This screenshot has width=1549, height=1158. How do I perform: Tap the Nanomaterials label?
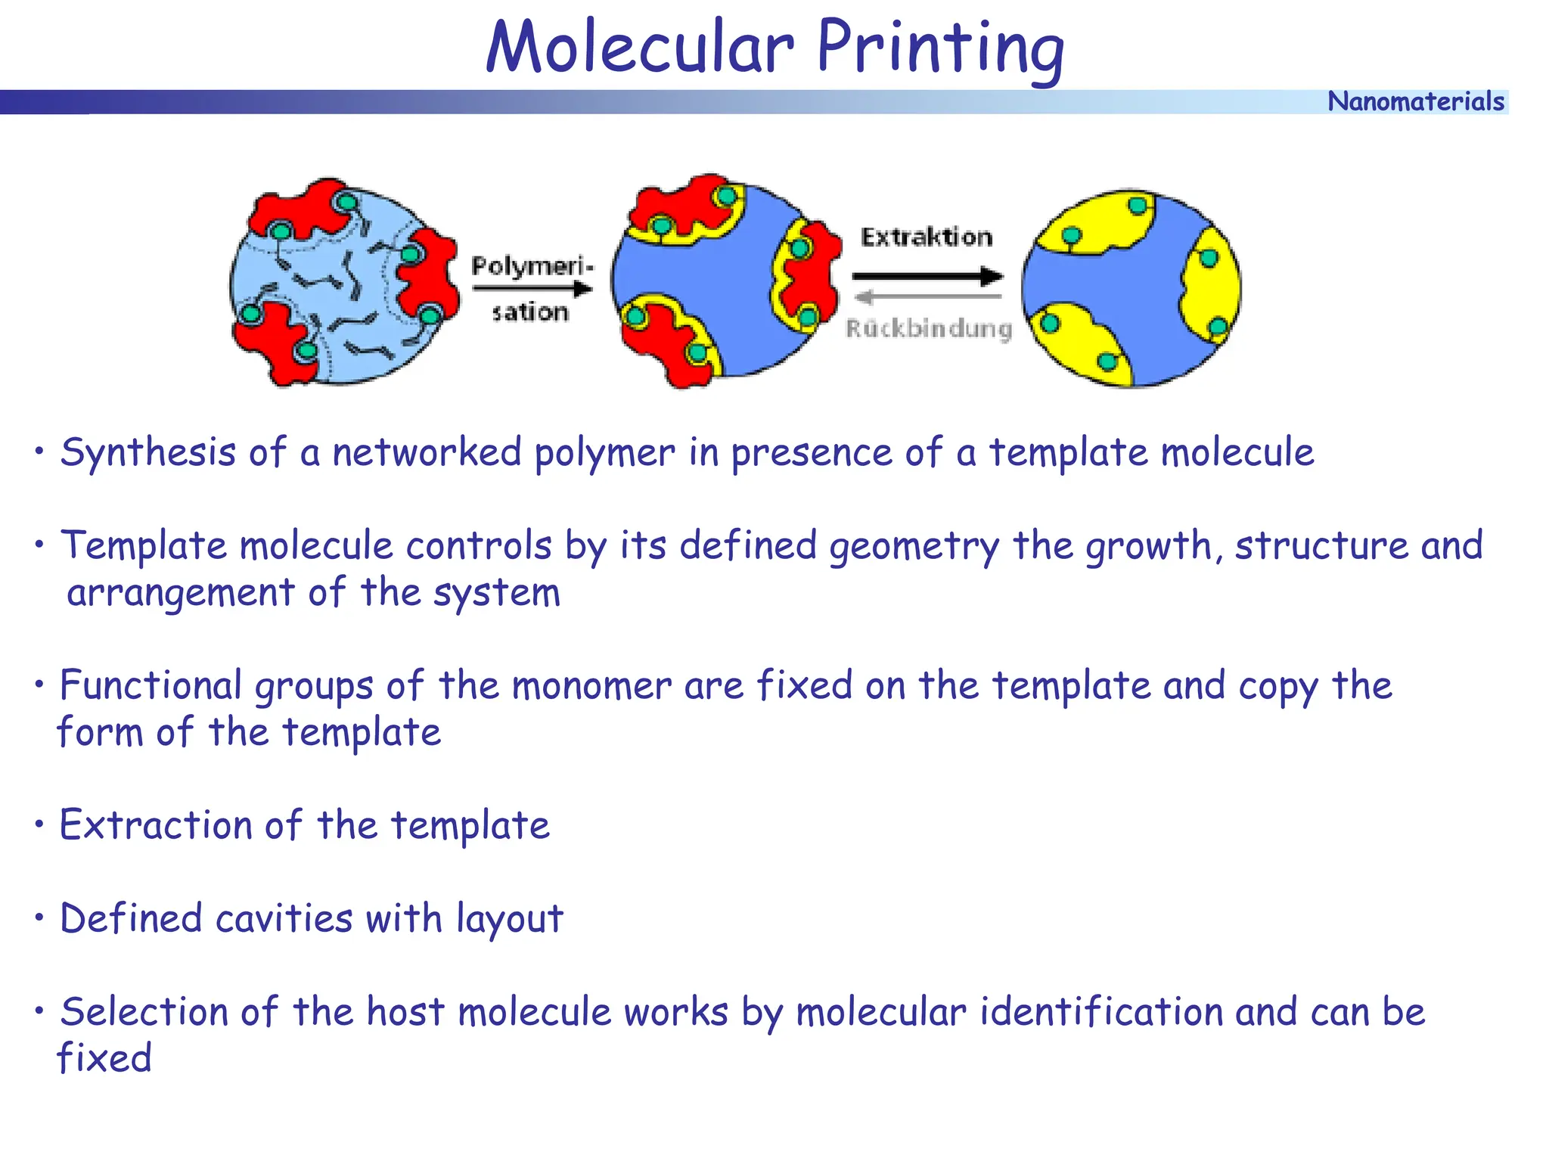(x=1415, y=101)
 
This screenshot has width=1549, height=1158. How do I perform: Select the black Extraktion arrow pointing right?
(x=927, y=276)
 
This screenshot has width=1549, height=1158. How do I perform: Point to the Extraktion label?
(x=927, y=237)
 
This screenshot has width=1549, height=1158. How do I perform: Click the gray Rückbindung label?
(x=928, y=328)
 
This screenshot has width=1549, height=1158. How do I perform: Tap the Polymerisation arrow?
(x=532, y=288)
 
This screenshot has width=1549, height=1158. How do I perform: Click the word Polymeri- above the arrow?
(x=532, y=266)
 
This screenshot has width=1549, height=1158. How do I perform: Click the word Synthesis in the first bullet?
(x=148, y=452)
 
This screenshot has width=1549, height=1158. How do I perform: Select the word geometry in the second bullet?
(x=914, y=546)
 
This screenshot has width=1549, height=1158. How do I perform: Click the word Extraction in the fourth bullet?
(x=155, y=824)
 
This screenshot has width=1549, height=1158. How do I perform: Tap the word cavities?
(x=284, y=918)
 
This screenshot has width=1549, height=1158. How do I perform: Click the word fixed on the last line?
(x=104, y=1057)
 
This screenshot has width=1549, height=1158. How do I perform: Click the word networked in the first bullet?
(x=427, y=452)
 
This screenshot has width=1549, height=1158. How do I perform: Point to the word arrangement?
(x=180, y=592)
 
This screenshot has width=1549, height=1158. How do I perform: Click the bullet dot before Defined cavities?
(x=39, y=917)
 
